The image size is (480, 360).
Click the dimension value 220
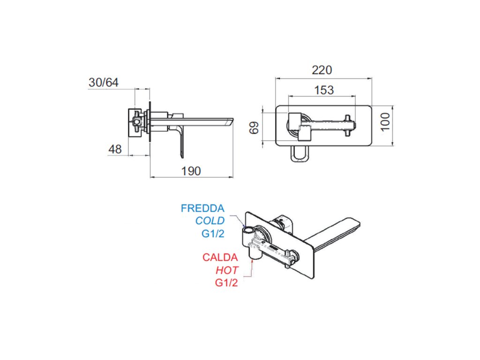pos(322,70)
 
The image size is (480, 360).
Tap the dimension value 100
pos(385,122)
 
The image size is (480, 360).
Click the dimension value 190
pos(191,171)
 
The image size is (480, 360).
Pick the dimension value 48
pos(115,149)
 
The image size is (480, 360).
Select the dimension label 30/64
pos(104,82)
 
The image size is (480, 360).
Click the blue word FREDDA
pos(203,208)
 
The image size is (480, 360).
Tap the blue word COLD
pos(210,221)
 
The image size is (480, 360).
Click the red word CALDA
pos(220,257)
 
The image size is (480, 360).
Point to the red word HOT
pos(227,270)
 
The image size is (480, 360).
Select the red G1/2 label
pos(227,283)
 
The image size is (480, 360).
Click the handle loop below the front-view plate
pos(300,154)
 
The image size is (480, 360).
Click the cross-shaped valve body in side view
pos(136,122)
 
